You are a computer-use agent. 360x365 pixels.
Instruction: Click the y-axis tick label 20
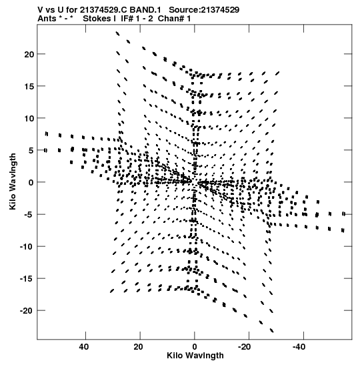[x=29, y=54]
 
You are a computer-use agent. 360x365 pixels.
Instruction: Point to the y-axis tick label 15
[x=29, y=86]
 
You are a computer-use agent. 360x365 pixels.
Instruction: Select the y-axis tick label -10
[x=27, y=246]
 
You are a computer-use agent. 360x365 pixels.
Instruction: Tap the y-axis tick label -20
[x=27, y=311]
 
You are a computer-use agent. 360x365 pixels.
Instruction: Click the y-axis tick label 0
[x=31, y=183]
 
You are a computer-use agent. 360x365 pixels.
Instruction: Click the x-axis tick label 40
[x=84, y=347]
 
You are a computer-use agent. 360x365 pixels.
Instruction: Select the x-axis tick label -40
[x=299, y=347]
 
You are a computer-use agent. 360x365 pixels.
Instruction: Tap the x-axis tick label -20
[x=244, y=347]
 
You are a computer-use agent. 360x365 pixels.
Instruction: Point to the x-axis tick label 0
[x=195, y=347]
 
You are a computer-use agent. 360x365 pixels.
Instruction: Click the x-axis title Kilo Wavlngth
[x=195, y=356]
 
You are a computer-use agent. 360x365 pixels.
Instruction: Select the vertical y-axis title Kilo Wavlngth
[x=13, y=181]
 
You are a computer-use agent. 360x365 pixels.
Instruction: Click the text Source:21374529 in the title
[x=204, y=10]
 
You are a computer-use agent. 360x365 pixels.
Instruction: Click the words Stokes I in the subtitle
[x=99, y=19]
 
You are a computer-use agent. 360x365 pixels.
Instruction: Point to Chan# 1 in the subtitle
[x=174, y=19]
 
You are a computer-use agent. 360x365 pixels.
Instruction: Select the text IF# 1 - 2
[x=137, y=19]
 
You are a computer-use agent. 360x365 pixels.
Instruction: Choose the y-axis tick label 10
[x=29, y=118]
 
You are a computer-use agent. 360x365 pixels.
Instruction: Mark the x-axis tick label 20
[x=138, y=347]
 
